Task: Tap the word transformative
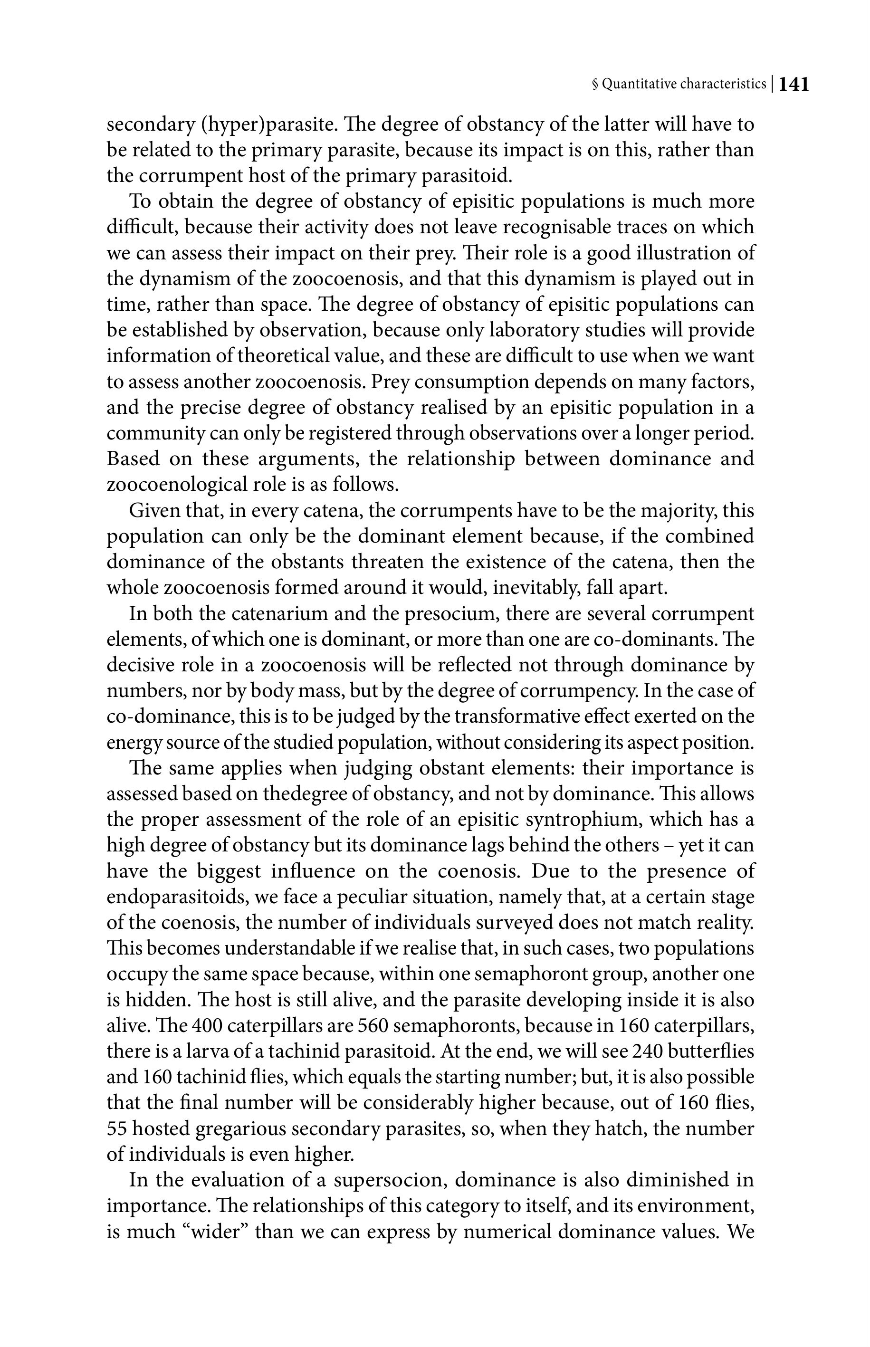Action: tap(519, 716)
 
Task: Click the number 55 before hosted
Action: tap(116, 1129)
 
